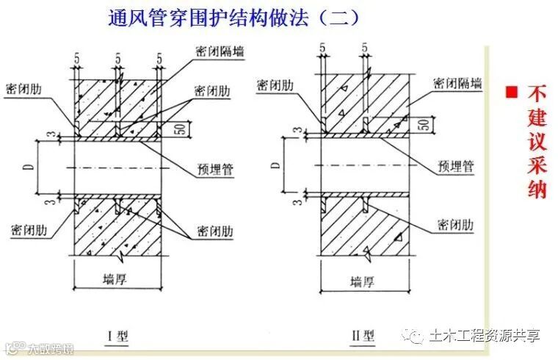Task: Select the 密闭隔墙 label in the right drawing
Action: coord(458,83)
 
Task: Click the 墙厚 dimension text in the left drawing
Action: coord(117,278)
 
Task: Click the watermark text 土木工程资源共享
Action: coord(485,336)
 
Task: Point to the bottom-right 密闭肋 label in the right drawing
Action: coord(458,223)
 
